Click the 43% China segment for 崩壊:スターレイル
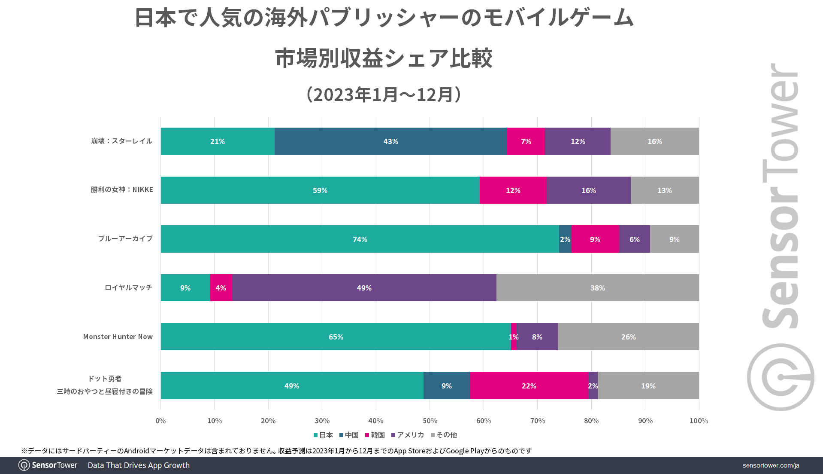[x=390, y=141]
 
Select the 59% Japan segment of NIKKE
[x=320, y=190]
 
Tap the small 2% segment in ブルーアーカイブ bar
[x=565, y=239]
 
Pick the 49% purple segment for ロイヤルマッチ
[x=364, y=288]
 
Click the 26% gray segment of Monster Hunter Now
[x=628, y=337]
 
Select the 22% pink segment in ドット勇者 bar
[x=529, y=386]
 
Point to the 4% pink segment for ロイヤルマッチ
[x=221, y=288]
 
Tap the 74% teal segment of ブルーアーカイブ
[x=360, y=239]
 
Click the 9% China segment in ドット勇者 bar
[x=446, y=386]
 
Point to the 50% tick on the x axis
[x=430, y=421]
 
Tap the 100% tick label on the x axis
[x=699, y=421]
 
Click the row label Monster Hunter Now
[x=118, y=337]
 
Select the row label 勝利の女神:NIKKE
[x=122, y=190]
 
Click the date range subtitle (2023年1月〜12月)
[x=384, y=95]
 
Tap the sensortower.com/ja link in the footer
[x=771, y=465]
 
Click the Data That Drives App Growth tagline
[x=139, y=465]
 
